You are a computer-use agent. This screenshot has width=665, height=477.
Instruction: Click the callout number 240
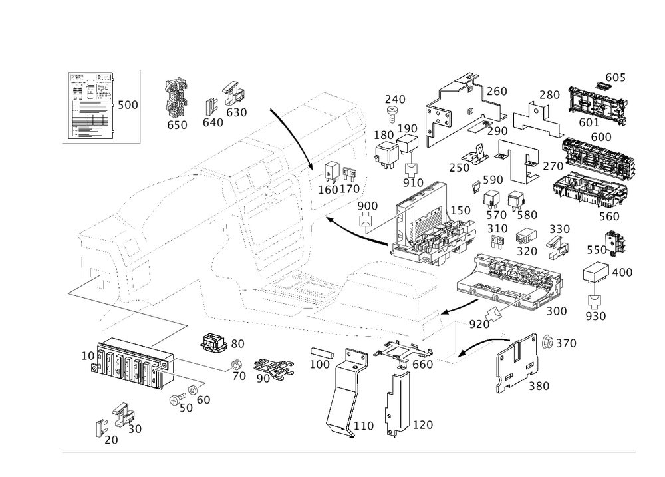(395, 100)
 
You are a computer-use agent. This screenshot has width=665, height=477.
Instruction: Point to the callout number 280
(549, 95)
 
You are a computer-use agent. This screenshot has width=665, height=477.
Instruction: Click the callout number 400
(622, 272)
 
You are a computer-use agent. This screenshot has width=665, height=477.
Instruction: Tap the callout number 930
(596, 315)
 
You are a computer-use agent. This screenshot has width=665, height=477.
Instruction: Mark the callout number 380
(539, 386)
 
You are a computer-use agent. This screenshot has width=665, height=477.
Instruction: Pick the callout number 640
(213, 122)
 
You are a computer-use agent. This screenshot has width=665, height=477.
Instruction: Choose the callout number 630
(237, 112)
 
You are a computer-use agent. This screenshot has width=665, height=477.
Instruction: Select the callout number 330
(560, 228)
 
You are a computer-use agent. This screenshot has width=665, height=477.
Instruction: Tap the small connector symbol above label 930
(595, 299)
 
